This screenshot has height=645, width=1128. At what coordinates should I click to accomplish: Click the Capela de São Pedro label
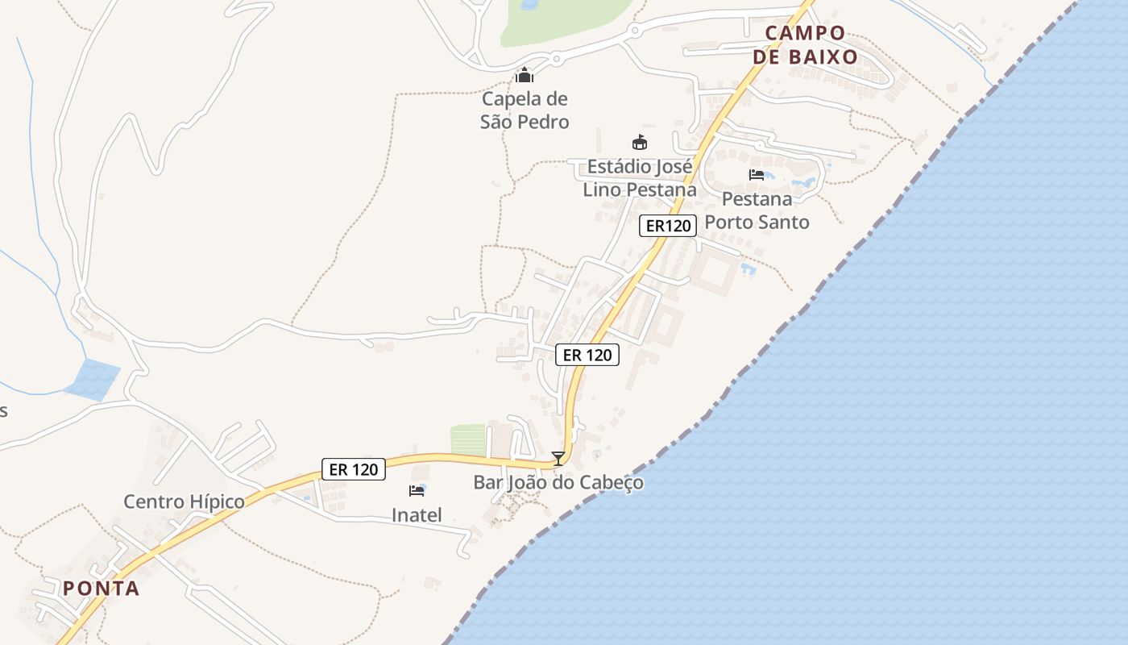pyautogui.click(x=525, y=110)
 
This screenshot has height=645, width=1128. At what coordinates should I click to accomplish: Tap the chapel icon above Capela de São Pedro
pyautogui.click(x=525, y=76)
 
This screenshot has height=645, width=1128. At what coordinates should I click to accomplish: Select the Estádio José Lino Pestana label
pyautogui.click(x=639, y=178)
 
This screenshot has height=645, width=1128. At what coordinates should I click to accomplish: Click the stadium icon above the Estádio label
pyautogui.click(x=640, y=143)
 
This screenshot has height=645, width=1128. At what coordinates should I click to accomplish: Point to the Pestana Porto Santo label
pyautogui.click(x=757, y=210)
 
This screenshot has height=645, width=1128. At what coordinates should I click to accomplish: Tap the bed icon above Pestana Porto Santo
pyautogui.click(x=757, y=174)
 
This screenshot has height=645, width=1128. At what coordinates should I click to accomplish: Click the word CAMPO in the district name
pyautogui.click(x=805, y=33)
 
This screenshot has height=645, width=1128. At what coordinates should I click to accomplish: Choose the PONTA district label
pyautogui.click(x=102, y=589)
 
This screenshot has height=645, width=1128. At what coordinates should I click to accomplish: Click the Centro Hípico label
pyautogui.click(x=184, y=501)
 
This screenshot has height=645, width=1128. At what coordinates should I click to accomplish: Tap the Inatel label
pyautogui.click(x=417, y=514)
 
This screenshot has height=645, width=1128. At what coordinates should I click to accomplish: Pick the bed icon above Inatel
pyautogui.click(x=417, y=490)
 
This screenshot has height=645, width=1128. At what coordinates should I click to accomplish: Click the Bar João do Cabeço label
pyautogui.click(x=558, y=483)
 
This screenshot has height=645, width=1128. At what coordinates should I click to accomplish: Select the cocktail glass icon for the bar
pyautogui.click(x=558, y=459)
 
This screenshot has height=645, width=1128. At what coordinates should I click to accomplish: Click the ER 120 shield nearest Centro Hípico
pyautogui.click(x=354, y=469)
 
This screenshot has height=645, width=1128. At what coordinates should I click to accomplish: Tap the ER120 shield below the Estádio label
pyautogui.click(x=668, y=226)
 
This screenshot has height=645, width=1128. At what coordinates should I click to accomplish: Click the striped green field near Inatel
pyautogui.click(x=468, y=439)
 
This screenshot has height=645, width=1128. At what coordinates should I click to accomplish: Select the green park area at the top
pyautogui.click(x=564, y=20)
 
